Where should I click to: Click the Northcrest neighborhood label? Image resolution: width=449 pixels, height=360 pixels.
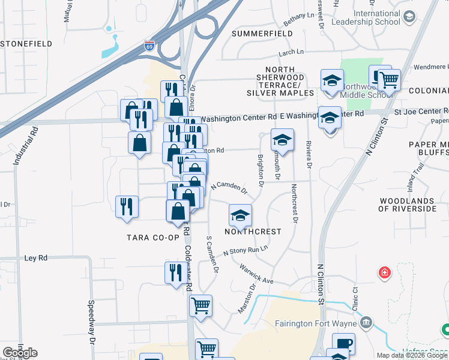click(253, 232)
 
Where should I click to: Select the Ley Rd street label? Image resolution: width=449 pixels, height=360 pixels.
click(35, 258)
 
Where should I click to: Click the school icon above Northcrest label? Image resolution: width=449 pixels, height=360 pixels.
click(240, 214)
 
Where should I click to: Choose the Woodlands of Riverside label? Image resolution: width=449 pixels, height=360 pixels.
click(407, 205)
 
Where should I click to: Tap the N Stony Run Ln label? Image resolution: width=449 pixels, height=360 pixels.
click(245, 250)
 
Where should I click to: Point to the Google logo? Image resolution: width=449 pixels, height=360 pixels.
click(20, 353)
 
